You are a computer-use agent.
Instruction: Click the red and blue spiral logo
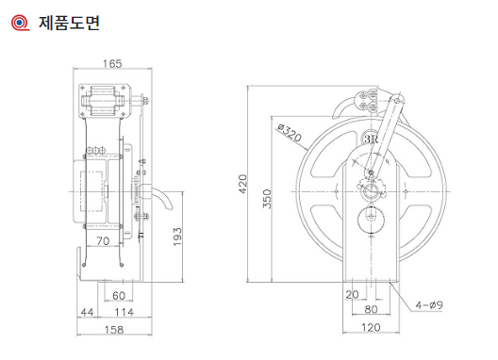pyautogui.click(x=21, y=23)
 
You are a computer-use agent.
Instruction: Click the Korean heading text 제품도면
pyautogui.click(x=69, y=23)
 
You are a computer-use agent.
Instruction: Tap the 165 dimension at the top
pyautogui.click(x=112, y=63)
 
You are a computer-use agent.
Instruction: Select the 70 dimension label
pyautogui.click(x=103, y=241)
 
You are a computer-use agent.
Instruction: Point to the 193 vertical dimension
pyautogui.click(x=177, y=237)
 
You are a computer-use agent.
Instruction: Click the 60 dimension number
pyautogui.click(x=119, y=296)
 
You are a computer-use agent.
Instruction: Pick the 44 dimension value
pyautogui.click(x=87, y=312)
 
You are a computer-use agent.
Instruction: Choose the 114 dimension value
pyautogui.click(x=124, y=312)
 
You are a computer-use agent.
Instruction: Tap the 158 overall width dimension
pyautogui.click(x=114, y=330)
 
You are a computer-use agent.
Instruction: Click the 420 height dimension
pyautogui.click(x=242, y=184)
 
